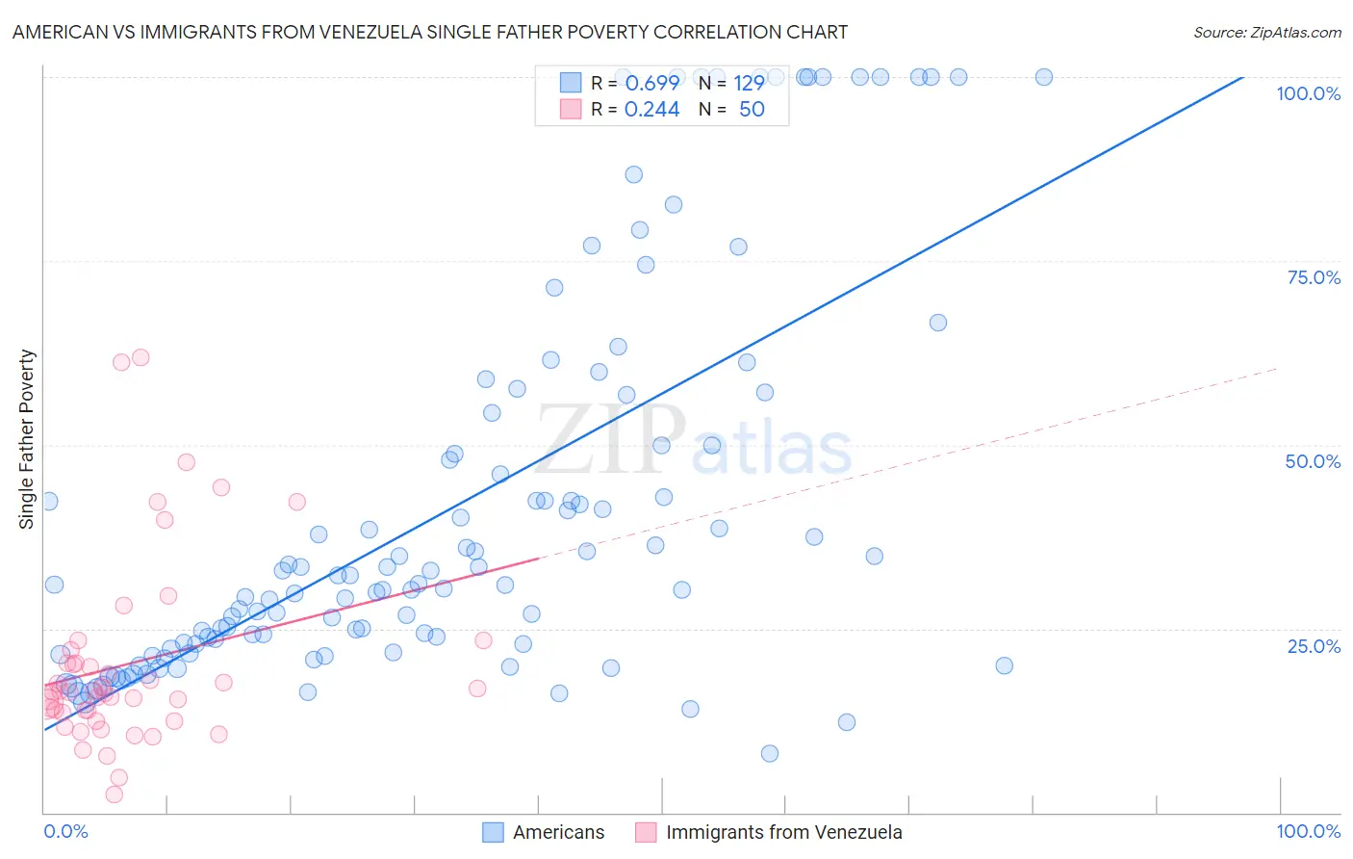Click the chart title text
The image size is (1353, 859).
(x=429, y=32)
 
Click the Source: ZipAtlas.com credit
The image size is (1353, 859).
(x=1266, y=32)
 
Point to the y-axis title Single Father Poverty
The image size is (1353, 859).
(x=27, y=439)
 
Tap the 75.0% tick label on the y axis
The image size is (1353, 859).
(x=1314, y=277)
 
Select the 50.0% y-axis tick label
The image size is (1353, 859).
(x=1313, y=461)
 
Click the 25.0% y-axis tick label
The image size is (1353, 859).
(x=1314, y=646)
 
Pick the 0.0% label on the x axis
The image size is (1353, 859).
(x=65, y=831)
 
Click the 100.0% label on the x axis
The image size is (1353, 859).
(x=1308, y=831)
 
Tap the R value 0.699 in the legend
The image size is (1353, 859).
(x=651, y=83)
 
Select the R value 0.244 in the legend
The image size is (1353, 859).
(x=651, y=110)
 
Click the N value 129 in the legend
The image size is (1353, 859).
(x=749, y=83)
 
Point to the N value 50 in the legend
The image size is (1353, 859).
(x=752, y=110)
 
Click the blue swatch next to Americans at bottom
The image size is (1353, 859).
(x=493, y=832)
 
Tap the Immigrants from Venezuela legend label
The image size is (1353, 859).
(x=783, y=832)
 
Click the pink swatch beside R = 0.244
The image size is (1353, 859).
(x=571, y=110)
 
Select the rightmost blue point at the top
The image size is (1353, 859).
(x=1043, y=77)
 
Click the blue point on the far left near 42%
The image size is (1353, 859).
(x=48, y=501)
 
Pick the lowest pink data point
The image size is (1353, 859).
(x=114, y=794)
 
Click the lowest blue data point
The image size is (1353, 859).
(x=769, y=753)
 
